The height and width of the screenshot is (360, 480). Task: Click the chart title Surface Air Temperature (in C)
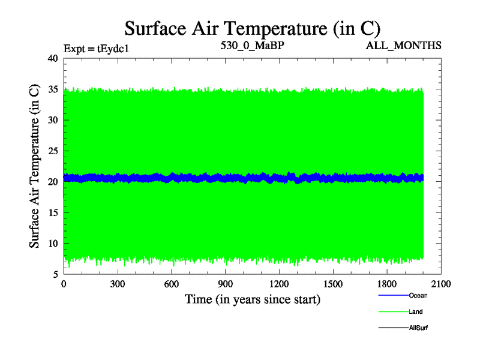(252, 28)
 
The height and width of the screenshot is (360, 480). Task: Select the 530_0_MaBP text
(251, 45)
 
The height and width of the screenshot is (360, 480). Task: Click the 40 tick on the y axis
(52, 58)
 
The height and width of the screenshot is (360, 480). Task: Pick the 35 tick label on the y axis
(52, 89)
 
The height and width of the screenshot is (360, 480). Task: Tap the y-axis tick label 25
(52, 151)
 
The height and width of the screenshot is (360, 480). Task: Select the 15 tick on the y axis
(52, 212)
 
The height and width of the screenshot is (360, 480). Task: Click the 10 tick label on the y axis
(52, 244)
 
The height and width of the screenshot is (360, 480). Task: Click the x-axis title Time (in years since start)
(252, 299)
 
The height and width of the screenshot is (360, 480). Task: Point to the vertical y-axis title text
(35, 166)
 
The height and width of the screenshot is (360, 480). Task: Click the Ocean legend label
(418, 295)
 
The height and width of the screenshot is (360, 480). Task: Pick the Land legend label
(416, 311)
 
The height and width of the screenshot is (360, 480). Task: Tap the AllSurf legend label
(418, 328)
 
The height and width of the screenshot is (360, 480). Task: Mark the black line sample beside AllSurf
(392, 328)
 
